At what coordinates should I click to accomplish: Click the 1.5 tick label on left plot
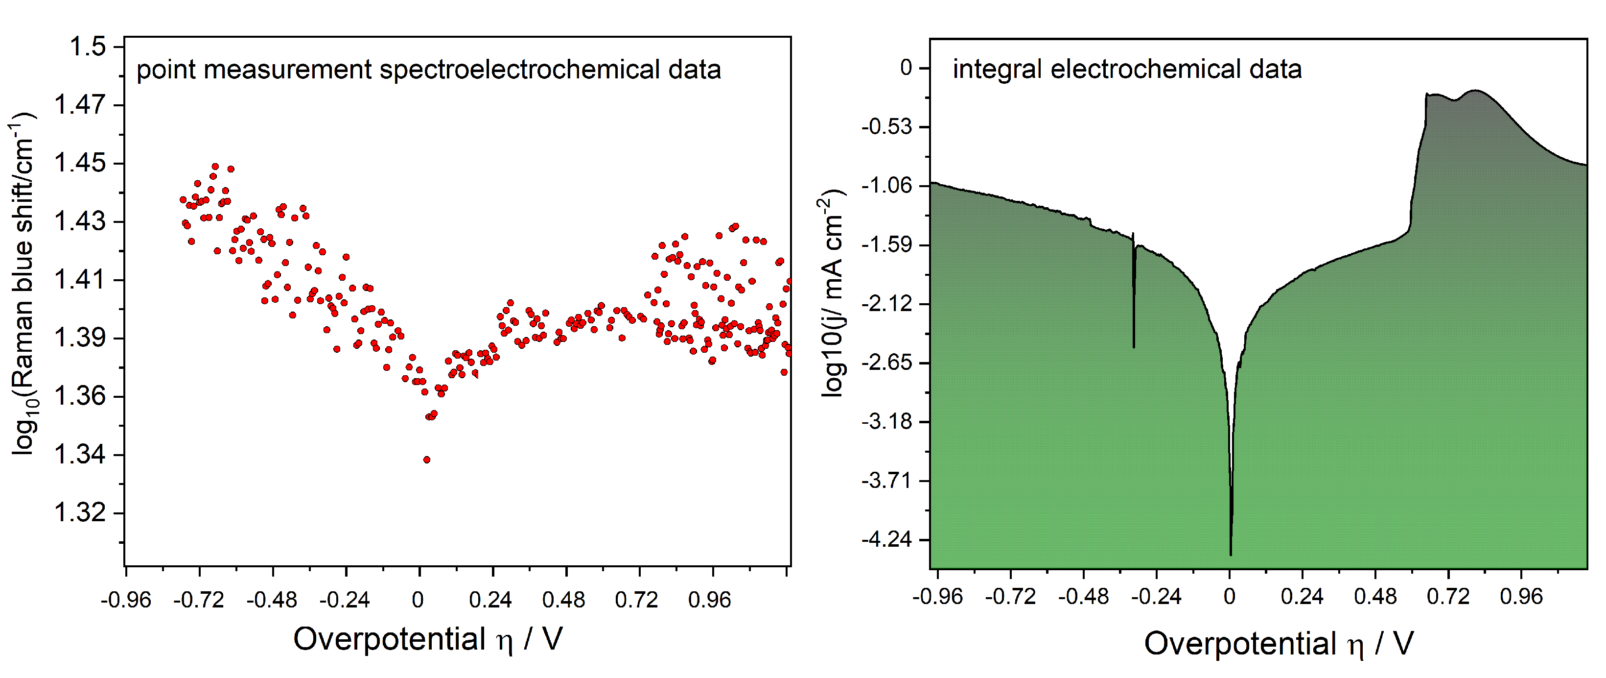87,47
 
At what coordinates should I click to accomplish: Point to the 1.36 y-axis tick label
79,396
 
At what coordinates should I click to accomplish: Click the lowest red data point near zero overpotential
426,460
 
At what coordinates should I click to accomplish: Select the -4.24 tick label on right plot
886,539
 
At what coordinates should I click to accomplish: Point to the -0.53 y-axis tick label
886,126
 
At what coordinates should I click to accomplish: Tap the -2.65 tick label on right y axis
886,363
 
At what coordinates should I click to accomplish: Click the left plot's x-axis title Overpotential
389,639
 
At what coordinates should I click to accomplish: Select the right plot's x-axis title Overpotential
1239,643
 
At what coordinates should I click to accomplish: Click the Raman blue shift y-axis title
23,284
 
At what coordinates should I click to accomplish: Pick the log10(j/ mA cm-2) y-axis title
832,293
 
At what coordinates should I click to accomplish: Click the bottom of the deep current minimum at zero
1230,553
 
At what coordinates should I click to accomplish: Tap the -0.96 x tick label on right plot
937,596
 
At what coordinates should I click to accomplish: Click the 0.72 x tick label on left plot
636,600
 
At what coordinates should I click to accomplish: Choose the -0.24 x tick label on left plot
344,600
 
